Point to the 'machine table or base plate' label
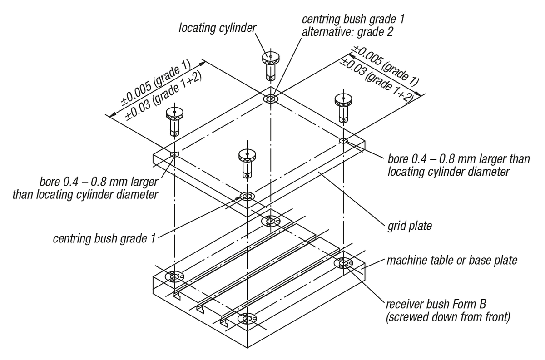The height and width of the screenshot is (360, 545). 451,261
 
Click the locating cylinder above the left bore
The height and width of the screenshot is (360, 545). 174,121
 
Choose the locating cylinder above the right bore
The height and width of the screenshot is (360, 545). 343,107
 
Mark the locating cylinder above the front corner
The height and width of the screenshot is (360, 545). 247,163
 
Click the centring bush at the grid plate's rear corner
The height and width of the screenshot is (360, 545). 271,99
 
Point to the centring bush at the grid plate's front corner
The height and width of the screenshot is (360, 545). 247,197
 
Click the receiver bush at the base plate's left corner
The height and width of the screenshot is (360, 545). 174,276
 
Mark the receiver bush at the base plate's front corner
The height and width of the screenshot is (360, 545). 247,319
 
